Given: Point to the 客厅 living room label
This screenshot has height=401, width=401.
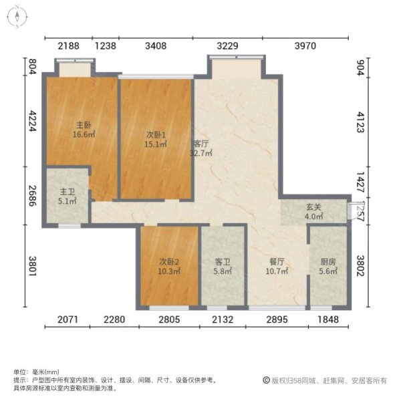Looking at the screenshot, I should click(x=201, y=143).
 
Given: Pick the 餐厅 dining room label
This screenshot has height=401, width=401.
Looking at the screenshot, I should click(x=277, y=263).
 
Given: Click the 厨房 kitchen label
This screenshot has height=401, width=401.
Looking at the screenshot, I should click(x=327, y=263).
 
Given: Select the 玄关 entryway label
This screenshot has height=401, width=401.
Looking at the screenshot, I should click(x=313, y=207).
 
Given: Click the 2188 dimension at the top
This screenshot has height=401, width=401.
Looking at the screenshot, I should click(x=68, y=46).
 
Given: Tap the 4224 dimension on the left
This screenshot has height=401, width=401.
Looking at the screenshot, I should click(x=31, y=122).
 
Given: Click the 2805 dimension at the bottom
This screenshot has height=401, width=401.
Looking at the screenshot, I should click(x=170, y=319).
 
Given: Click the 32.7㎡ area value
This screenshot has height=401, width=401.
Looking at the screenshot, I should click(x=201, y=152).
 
